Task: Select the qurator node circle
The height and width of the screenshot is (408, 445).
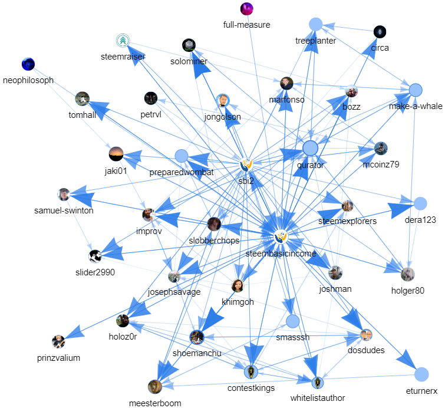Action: (x=310, y=148)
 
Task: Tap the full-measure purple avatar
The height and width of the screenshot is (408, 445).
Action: (x=247, y=9)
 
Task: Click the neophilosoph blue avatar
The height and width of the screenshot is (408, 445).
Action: (x=27, y=64)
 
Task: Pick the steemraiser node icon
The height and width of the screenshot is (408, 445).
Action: (x=123, y=41)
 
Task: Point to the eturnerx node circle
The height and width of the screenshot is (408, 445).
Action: (x=421, y=374)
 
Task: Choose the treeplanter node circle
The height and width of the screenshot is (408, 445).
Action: (x=316, y=24)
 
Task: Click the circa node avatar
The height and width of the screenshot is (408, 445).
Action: (x=380, y=31)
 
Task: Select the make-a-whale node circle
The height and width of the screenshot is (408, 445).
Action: (x=416, y=90)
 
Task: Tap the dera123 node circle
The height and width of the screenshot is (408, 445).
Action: (x=420, y=203)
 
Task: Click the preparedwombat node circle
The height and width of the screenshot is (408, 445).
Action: (x=182, y=156)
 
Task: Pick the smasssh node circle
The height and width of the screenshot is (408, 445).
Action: (x=293, y=321)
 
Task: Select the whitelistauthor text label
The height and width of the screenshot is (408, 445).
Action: (x=317, y=398)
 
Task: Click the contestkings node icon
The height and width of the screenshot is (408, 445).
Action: (x=251, y=372)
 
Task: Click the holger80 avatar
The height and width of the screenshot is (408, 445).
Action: (x=407, y=274)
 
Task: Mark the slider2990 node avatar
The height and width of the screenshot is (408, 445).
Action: (x=95, y=255)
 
